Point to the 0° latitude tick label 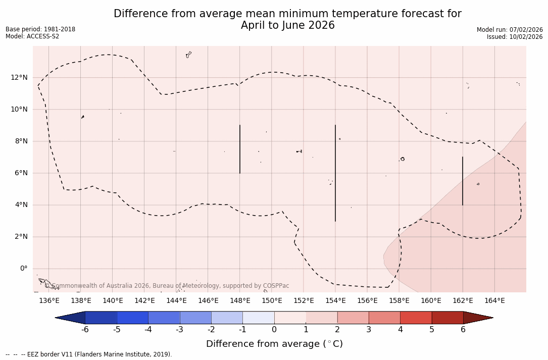coord(23,268)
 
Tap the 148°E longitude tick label coord(240,301)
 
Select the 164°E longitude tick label coord(494,301)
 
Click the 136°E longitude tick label coord(49,301)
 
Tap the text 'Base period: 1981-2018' coord(40,29)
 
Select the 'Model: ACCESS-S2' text coord(32,36)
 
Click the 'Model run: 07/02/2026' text coord(510,30)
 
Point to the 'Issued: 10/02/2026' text coord(515,37)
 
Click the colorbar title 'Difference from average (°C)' coord(274,344)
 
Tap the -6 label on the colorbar coord(85,330)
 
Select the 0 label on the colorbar coord(274,330)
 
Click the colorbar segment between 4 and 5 coord(416,318)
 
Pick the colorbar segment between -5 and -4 coord(132,318)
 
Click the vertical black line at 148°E coord(240,149)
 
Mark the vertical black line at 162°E coord(463,181)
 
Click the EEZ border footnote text coord(88,354)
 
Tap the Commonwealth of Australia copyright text coord(167,286)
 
